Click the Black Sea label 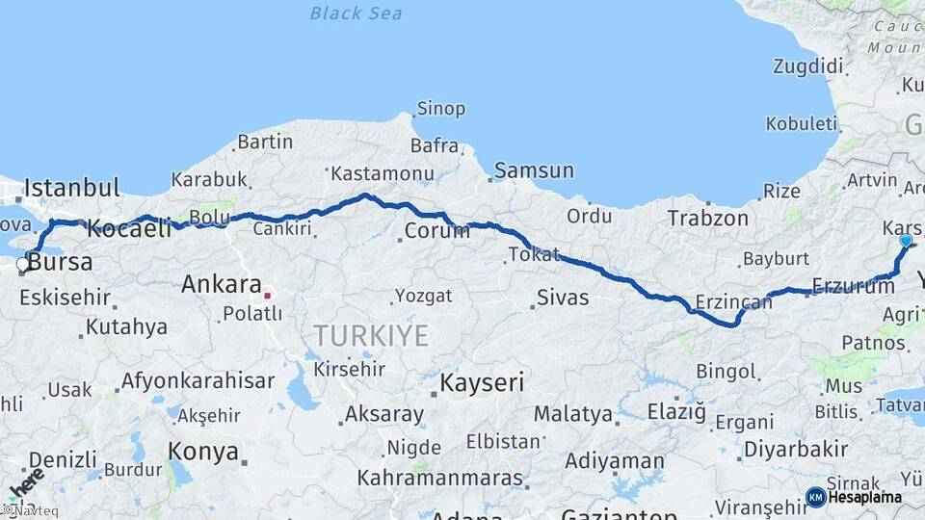pyautogui.click(x=356, y=13)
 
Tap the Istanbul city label pyautogui.click(x=72, y=187)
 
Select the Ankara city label pyautogui.click(x=222, y=285)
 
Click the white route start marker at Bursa pyautogui.click(x=23, y=263)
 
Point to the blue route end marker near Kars pyautogui.click(x=906, y=240)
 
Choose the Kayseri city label pyautogui.click(x=482, y=382)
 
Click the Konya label pyautogui.click(x=203, y=451)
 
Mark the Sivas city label pyautogui.click(x=562, y=297)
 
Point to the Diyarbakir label pyautogui.click(x=796, y=449)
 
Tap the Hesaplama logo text pyautogui.click(x=864, y=497)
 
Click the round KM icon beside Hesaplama pyautogui.click(x=815, y=497)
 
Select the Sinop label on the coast pyautogui.click(x=440, y=109)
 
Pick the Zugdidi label pyautogui.click(x=807, y=66)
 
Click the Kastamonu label pyautogui.click(x=383, y=174)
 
